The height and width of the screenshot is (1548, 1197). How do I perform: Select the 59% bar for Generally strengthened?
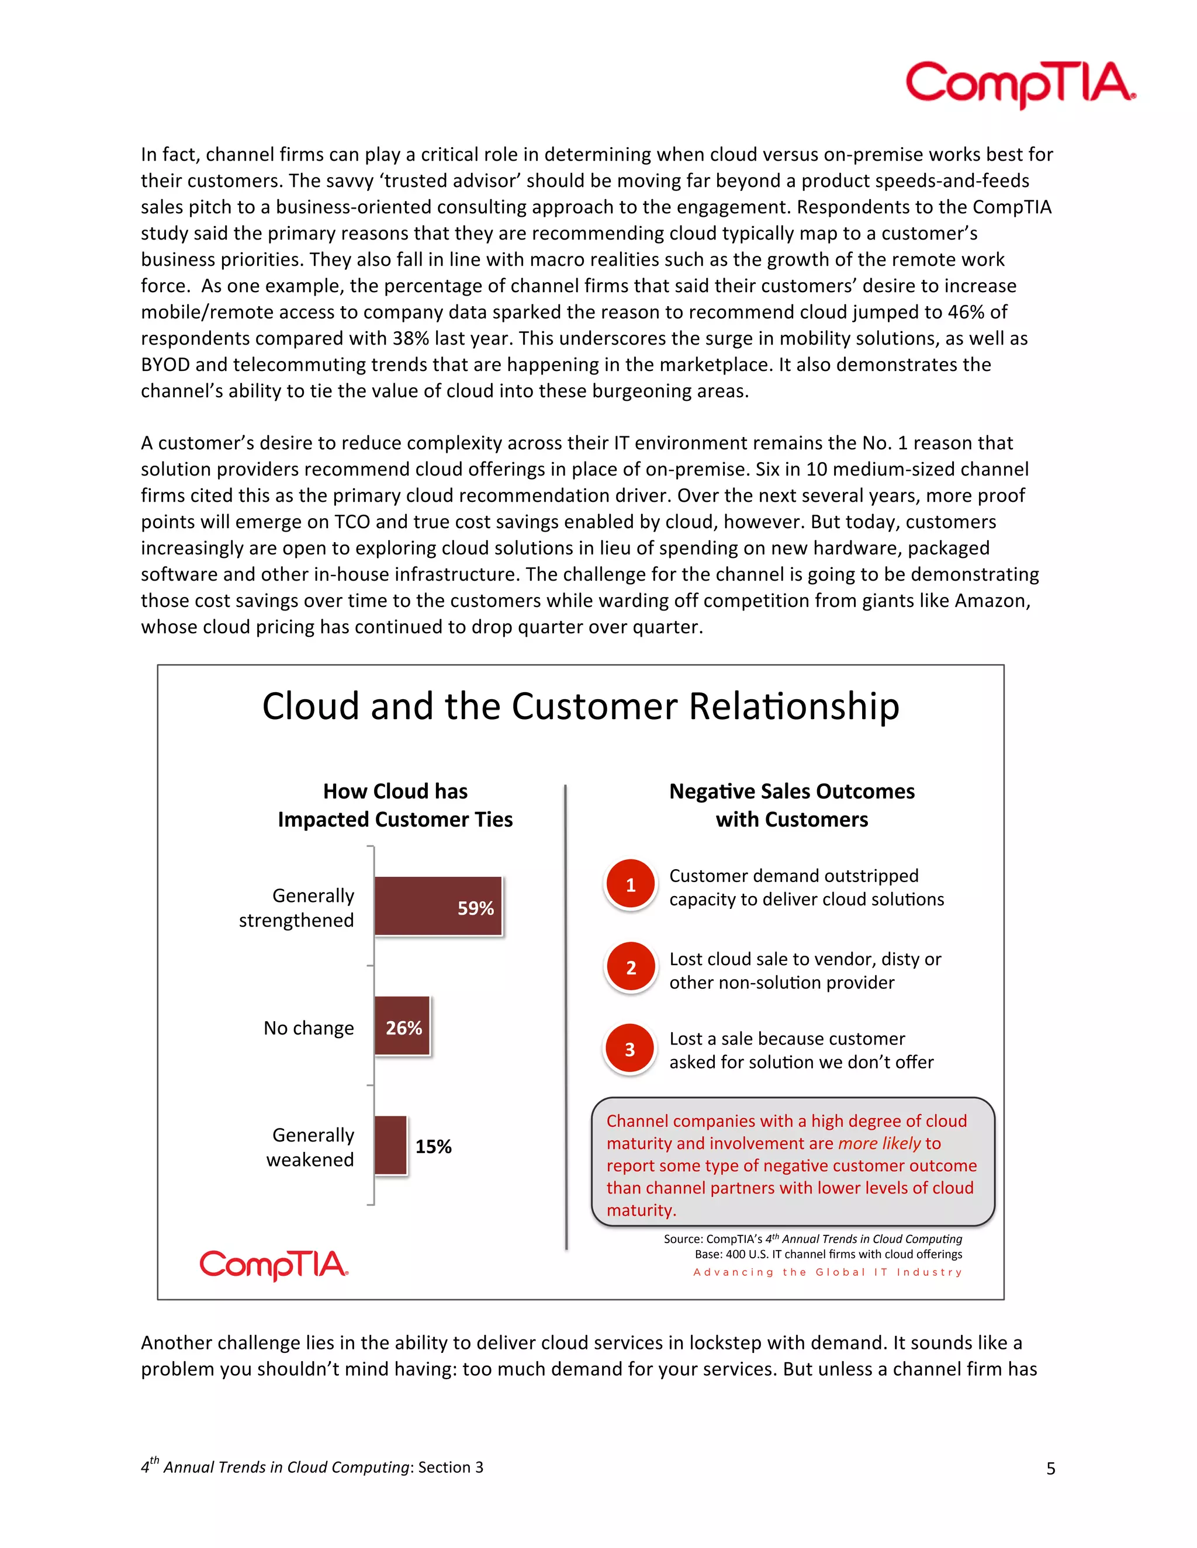tap(438, 907)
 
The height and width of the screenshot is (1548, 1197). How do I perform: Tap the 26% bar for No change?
tap(402, 1026)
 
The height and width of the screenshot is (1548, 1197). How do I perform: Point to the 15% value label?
tap(433, 1146)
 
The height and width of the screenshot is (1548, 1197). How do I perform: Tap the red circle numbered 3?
tap(629, 1050)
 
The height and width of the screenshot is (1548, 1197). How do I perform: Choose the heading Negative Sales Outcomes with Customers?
tap(791, 805)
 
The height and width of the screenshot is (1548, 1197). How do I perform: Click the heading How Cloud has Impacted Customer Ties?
tap(395, 805)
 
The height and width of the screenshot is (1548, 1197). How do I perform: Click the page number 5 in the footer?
tap(1050, 1468)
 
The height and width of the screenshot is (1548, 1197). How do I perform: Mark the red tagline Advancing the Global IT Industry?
tap(828, 1272)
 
